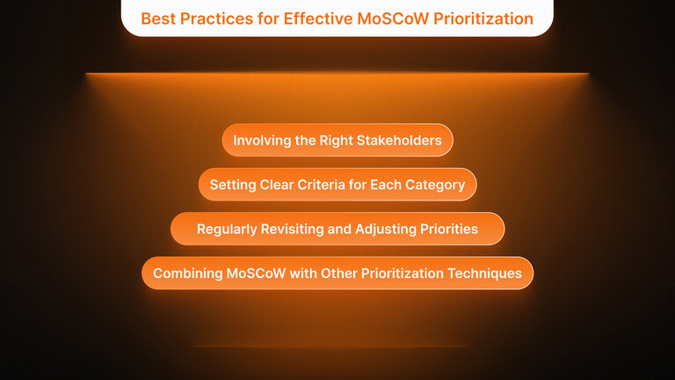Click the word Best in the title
(x=158, y=18)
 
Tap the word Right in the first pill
(x=339, y=141)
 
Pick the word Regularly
(x=227, y=230)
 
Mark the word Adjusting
(x=386, y=230)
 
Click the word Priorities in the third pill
(x=449, y=230)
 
